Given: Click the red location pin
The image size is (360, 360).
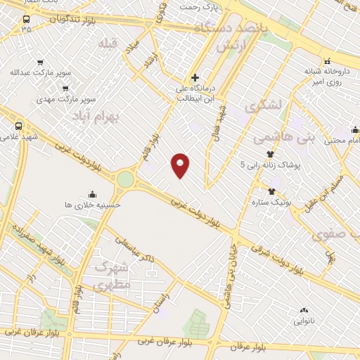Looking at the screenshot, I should (181, 165).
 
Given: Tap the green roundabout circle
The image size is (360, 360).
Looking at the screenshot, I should (124, 179).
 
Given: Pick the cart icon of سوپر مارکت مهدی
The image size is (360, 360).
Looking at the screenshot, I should (65, 89).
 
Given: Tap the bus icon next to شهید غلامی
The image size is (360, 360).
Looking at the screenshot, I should (18, 126).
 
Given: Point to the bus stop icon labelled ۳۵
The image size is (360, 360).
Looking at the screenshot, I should (26, 19).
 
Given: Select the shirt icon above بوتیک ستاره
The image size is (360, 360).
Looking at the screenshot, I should (271, 191).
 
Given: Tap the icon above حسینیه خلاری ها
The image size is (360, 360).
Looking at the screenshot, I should (91, 194).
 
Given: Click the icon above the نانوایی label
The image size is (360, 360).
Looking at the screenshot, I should (304, 310).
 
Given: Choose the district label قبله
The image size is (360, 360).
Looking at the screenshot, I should (107, 44).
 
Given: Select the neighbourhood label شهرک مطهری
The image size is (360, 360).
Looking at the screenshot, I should (111, 276).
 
